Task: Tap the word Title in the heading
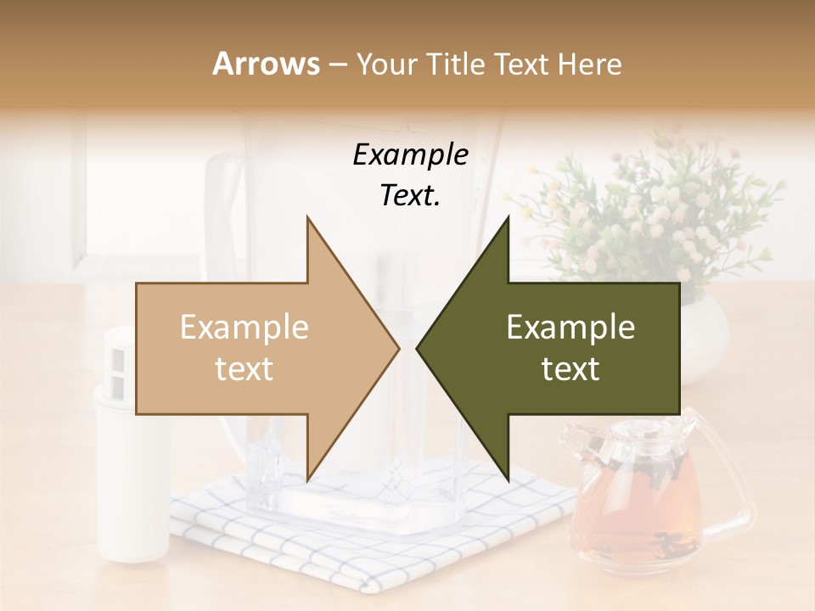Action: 458,64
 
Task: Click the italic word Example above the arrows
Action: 410,155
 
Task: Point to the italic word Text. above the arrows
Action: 410,195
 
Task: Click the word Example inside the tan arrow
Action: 244,328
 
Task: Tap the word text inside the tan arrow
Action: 244,369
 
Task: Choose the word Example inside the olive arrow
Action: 570,328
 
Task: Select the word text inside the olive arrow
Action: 570,369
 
